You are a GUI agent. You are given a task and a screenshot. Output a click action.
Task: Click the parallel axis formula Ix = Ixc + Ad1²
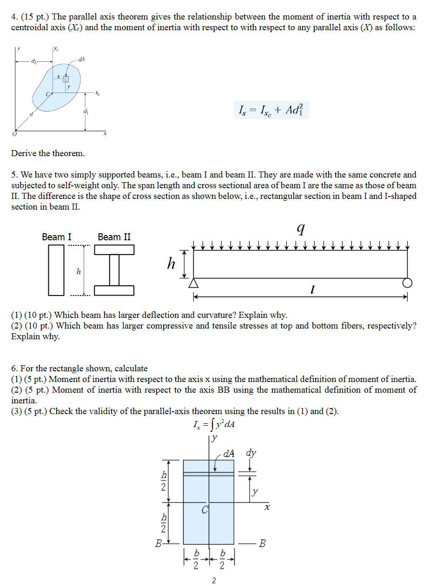click(271, 111)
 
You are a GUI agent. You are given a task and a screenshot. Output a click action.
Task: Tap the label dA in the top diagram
click(81, 60)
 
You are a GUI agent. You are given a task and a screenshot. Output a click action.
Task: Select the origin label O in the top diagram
click(14, 134)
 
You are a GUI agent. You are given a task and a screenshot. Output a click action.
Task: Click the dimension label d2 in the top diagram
click(33, 61)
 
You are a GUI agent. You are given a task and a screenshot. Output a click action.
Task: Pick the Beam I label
click(57, 237)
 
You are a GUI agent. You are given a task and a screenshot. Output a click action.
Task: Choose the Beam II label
click(114, 237)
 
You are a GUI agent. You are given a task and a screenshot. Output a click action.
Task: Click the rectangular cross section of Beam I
click(56, 270)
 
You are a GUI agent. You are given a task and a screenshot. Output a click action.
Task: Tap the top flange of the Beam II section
click(114, 250)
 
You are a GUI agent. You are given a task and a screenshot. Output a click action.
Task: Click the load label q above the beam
click(301, 228)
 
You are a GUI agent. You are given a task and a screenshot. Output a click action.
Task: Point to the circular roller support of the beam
click(408, 283)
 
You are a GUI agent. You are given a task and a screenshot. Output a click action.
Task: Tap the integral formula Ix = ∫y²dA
click(213, 425)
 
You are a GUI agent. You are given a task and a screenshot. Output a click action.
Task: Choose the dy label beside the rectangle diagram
click(251, 454)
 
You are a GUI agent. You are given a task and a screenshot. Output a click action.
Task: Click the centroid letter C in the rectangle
click(205, 510)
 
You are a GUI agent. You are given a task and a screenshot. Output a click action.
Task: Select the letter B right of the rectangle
click(263, 543)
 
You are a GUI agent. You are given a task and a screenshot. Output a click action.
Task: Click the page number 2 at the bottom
click(214, 580)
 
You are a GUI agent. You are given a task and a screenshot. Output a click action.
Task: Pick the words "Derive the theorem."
click(48, 153)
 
